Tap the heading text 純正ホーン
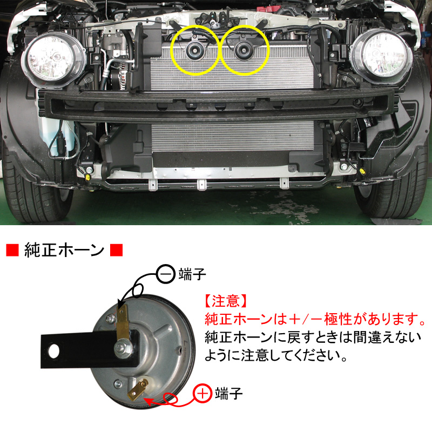click(x=64, y=251)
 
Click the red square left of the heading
click(x=11, y=251)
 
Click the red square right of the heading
click(x=116, y=251)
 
